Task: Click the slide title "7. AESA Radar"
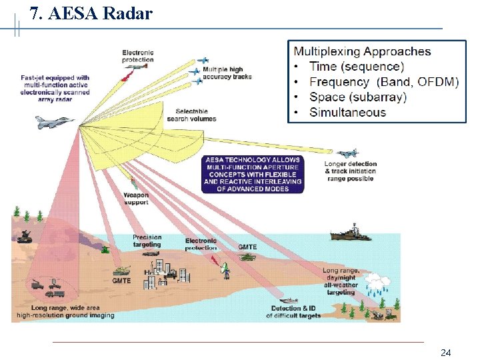click(91, 13)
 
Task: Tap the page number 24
click(446, 352)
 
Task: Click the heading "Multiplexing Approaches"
click(363, 51)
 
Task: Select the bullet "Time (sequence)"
click(357, 67)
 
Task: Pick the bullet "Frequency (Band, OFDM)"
click(384, 82)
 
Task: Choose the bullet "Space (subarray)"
click(358, 97)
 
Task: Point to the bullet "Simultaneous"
click(347, 112)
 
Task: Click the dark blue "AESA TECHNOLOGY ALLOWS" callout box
click(253, 174)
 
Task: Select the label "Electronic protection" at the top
click(138, 56)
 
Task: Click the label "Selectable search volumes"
click(191, 115)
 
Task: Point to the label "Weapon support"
click(136, 199)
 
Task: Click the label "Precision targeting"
click(147, 241)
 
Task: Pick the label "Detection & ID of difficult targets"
click(296, 312)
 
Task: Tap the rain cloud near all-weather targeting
click(377, 282)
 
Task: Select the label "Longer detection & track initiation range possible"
click(351, 171)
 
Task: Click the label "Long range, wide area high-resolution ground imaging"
click(65, 311)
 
